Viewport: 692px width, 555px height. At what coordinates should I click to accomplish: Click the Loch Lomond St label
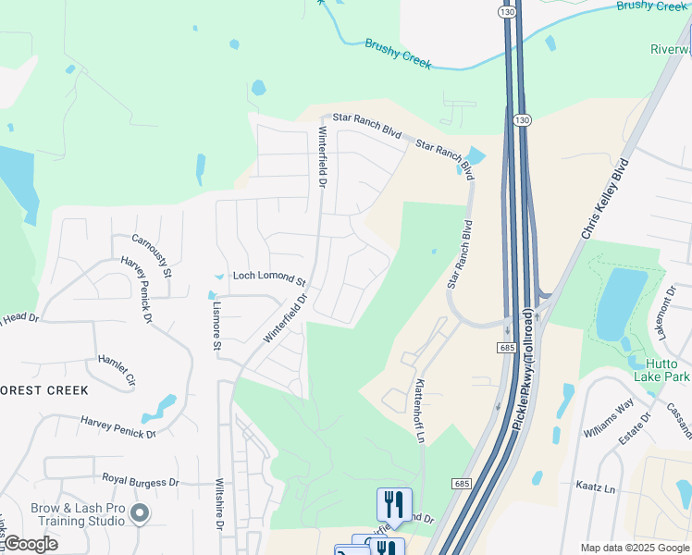[268, 277]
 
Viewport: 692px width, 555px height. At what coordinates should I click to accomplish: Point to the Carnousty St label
[153, 255]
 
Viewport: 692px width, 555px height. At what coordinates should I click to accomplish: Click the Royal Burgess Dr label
[141, 481]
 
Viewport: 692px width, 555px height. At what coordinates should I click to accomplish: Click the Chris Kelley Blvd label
[604, 199]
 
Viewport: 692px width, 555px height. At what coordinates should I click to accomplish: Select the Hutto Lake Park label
[661, 369]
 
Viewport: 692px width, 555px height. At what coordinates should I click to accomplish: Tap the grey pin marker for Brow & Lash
[140, 512]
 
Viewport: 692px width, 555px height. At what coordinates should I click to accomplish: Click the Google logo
[31, 544]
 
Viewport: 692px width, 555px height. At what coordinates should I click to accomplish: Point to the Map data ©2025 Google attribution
[634, 548]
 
